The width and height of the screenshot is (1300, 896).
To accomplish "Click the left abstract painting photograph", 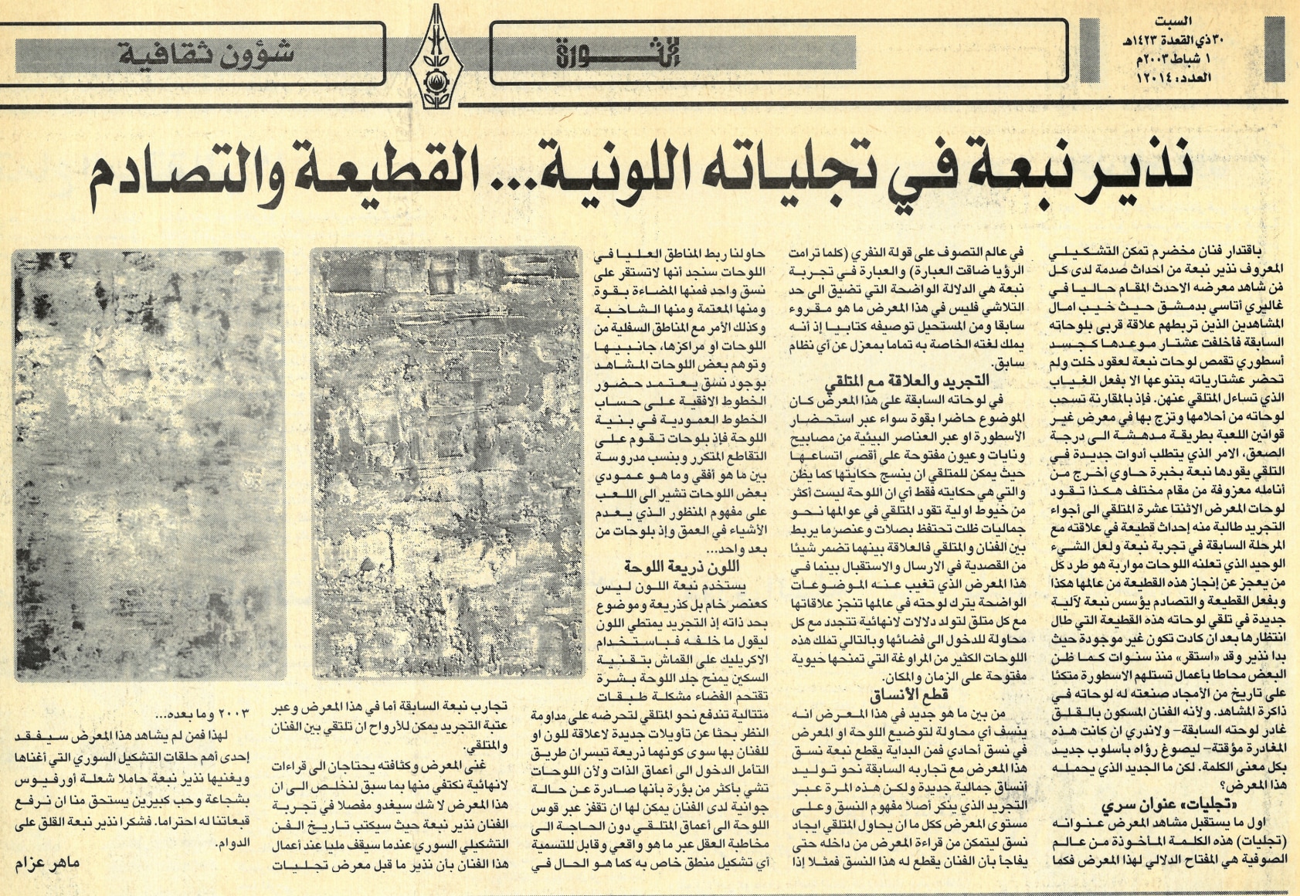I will tap(148, 463).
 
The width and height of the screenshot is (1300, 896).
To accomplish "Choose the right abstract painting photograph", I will tap(443, 463).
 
